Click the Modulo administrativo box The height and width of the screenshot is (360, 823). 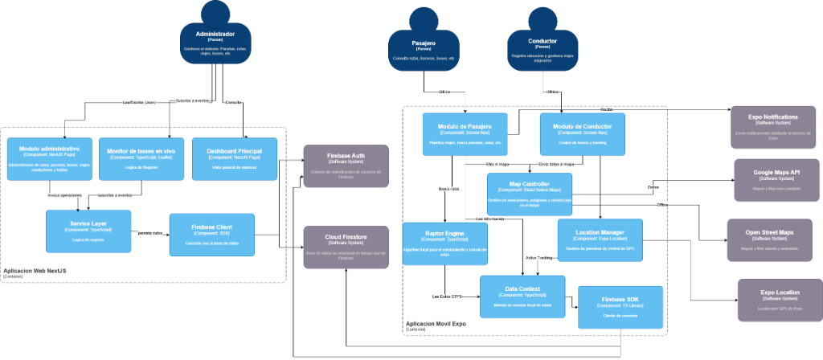49,158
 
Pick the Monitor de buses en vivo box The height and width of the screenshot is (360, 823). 141,158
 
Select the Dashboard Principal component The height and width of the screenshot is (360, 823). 235,158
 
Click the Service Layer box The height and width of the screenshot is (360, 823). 88,231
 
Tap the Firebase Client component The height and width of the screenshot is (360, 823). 212,234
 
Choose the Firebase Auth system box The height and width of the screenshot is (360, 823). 346,166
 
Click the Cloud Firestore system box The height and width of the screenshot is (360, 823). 346,247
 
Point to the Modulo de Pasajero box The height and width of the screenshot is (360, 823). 465,134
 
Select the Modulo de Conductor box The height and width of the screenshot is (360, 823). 582,134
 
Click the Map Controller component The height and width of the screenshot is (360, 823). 529,194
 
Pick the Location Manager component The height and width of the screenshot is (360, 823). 600,239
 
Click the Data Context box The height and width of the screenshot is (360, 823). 522,296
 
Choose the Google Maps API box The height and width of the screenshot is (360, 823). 776,179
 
